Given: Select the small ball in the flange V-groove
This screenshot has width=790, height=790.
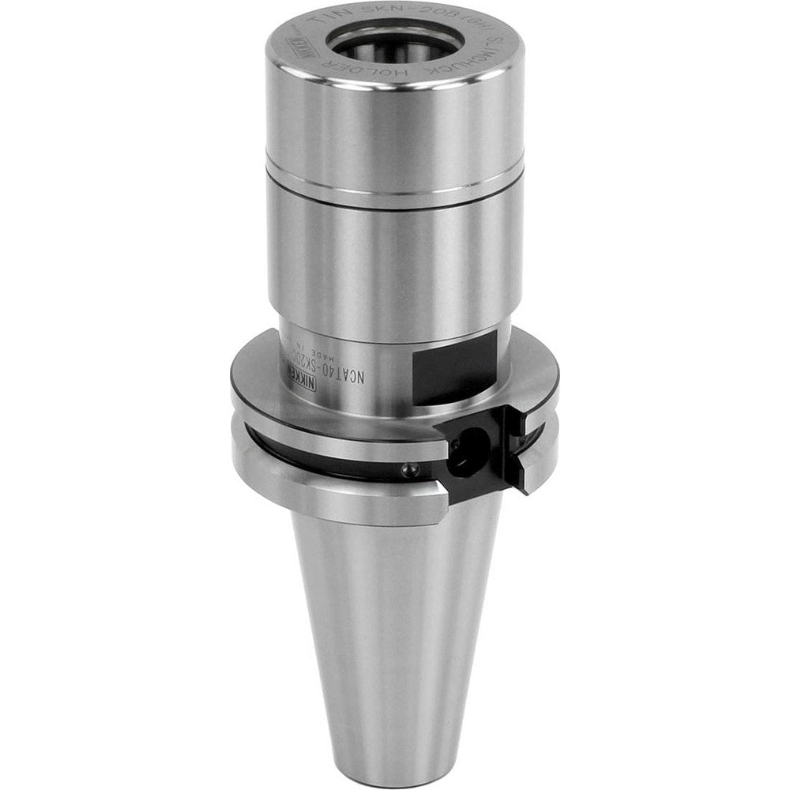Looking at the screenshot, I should click(x=407, y=471).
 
